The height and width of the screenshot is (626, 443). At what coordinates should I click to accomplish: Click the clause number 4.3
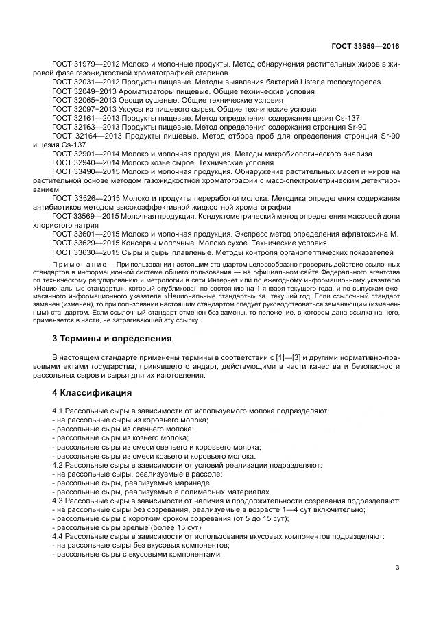59,501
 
